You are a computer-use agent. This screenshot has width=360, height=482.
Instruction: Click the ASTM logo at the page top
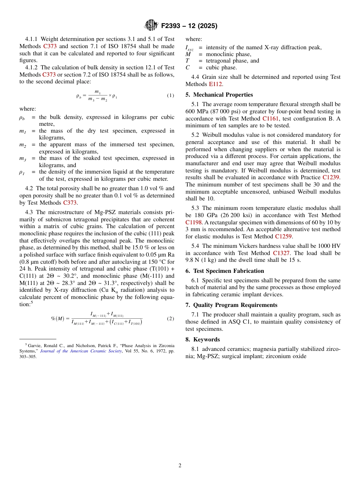[x=151, y=25]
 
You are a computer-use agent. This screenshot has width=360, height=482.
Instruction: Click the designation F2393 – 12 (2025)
[x=189, y=26]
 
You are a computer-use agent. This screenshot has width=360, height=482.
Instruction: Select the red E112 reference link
[x=215, y=84]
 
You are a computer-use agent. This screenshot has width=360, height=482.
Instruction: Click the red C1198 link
[x=193, y=222]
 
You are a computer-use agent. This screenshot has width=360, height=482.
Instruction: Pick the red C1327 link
[x=282, y=253]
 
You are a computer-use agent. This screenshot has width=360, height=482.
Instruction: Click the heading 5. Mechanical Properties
[x=219, y=95]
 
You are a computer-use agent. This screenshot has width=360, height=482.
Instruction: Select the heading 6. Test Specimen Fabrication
[x=225, y=271]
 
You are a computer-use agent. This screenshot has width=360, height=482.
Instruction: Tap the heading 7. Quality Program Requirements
[x=231, y=305]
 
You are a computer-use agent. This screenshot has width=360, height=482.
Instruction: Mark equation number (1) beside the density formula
[x=171, y=95]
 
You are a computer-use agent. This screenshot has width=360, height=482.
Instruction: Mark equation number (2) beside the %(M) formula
[x=171, y=319]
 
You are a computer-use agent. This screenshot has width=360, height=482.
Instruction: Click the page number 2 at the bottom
[x=180, y=466]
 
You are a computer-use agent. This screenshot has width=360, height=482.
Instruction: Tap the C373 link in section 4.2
[x=70, y=203]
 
